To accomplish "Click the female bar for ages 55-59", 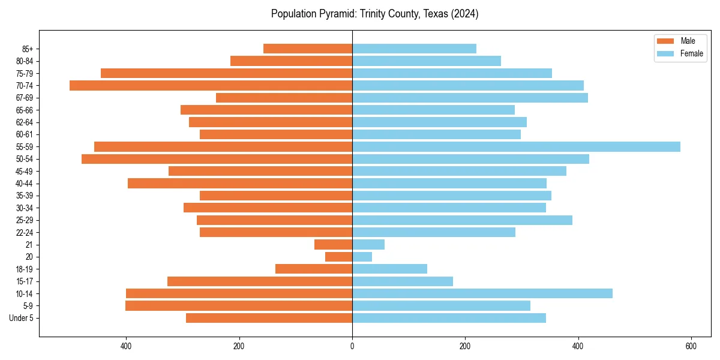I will pos(516,147).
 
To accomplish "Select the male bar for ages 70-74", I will pos(211,86).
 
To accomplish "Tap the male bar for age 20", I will pos(338,257).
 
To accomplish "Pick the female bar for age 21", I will pos(368,245).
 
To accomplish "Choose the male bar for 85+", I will pos(308,49).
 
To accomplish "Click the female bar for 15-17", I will pos(403,281).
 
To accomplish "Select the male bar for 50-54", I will pos(217,159).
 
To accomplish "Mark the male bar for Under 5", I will pos(269,318).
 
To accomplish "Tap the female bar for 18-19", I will pos(389,269).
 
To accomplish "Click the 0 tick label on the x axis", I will pos(352,346).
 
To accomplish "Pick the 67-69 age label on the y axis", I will pos(25,98).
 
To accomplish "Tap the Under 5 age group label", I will pos(21,318).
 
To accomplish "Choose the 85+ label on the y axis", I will pos(28,49).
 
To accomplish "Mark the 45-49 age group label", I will pos(25,171).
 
